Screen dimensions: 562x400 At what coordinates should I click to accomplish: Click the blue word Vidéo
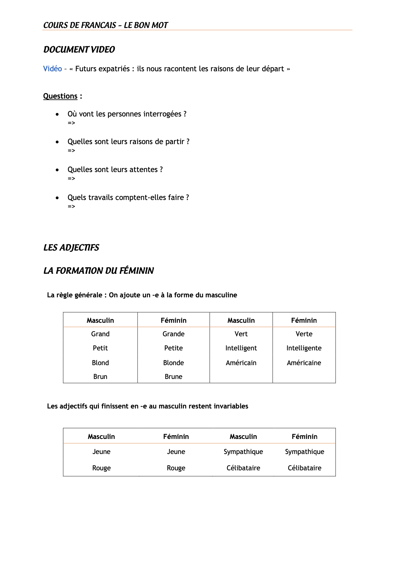(x=52, y=69)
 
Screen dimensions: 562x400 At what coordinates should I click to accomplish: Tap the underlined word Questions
(x=60, y=96)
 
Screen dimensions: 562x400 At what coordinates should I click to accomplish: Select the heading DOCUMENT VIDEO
(x=79, y=50)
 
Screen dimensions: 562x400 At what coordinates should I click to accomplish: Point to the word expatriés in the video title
(x=114, y=69)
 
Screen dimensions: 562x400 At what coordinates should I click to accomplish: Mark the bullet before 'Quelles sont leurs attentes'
(x=57, y=170)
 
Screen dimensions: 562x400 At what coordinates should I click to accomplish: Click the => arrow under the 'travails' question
(x=71, y=206)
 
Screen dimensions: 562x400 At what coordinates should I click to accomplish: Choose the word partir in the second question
(x=175, y=142)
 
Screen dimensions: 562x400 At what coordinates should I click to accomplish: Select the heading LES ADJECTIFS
(x=71, y=248)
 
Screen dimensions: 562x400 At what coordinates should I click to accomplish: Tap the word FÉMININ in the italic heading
(x=137, y=271)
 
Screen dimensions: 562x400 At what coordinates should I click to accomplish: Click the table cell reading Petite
(x=173, y=348)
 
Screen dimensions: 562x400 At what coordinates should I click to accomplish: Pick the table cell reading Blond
(x=100, y=363)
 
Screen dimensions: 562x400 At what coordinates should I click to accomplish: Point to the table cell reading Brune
(x=173, y=376)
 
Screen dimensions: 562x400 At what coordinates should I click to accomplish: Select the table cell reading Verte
(x=304, y=334)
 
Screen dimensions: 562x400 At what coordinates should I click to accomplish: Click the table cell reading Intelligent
(x=241, y=348)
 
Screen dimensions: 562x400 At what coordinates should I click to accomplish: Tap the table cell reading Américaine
(x=304, y=363)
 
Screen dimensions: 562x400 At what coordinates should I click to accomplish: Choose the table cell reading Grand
(x=100, y=334)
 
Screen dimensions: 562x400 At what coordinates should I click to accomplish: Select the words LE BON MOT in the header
(x=146, y=25)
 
